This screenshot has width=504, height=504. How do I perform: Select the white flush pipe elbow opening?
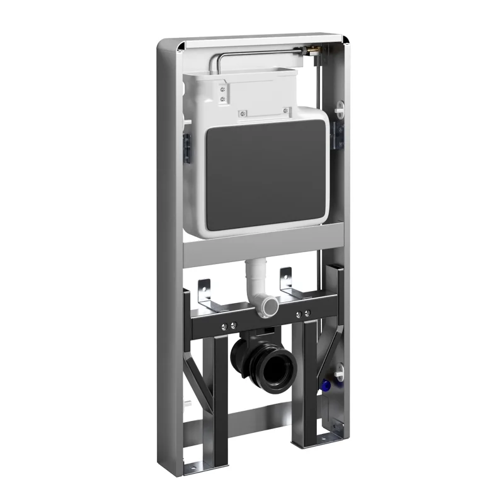[x=272, y=304]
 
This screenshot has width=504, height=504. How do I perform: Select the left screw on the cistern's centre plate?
[x=240, y=114]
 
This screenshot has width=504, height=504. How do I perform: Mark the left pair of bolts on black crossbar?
[x=229, y=326]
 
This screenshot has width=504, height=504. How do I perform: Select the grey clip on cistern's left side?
[x=187, y=144]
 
